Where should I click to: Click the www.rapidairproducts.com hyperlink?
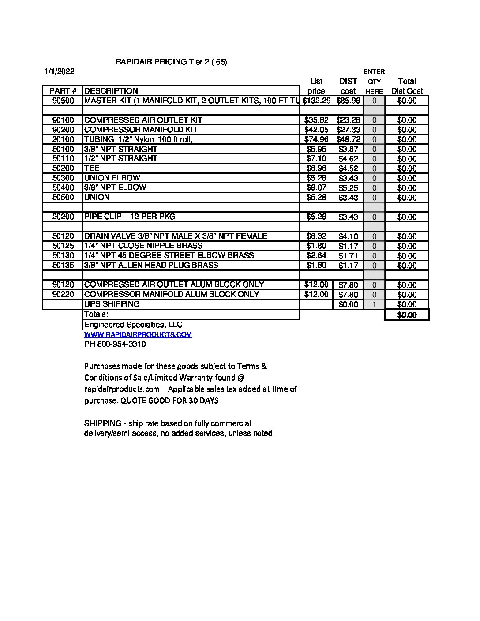(x=138, y=335)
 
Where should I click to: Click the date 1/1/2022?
(x=59, y=71)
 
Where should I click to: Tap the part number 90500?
(x=63, y=101)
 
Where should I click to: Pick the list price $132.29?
(x=316, y=101)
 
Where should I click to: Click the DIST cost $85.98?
(x=348, y=101)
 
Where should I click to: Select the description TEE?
(x=92, y=168)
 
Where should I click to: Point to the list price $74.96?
(x=316, y=139)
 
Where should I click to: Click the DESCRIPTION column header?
(x=111, y=91)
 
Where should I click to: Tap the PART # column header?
(x=63, y=91)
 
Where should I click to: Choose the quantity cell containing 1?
(x=374, y=304)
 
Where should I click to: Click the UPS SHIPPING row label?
(x=112, y=304)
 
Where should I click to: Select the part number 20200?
(x=63, y=217)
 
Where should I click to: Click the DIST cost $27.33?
(x=348, y=130)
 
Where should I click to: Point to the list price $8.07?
(x=316, y=188)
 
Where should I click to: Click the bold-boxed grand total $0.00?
(x=407, y=315)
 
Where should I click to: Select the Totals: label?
(x=96, y=314)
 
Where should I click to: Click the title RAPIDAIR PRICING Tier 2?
(x=171, y=62)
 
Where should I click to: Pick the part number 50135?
(x=63, y=265)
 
